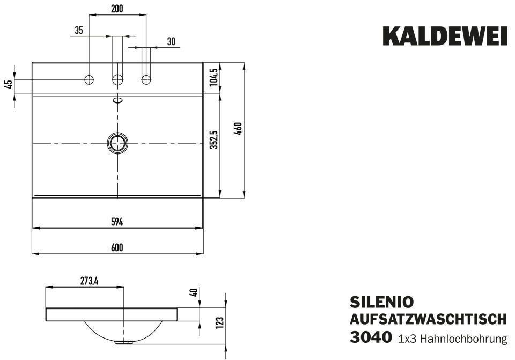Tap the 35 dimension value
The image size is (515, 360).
tap(79, 31)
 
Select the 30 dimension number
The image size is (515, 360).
tap(171, 41)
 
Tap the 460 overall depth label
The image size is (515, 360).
tap(239, 129)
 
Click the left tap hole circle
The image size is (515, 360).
tap(89, 80)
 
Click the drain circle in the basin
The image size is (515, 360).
tap(117, 143)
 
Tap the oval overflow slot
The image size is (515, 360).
tap(117, 99)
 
